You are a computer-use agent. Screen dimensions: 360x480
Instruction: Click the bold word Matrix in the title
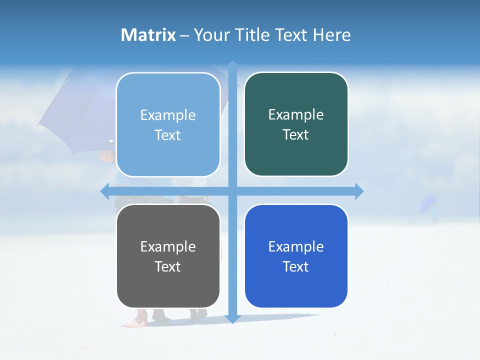[148, 35]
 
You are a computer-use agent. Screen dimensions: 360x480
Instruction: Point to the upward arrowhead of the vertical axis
[232, 64]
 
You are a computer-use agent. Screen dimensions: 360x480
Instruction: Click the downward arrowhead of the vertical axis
[232, 319]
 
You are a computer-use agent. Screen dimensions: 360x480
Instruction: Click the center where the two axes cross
[232, 191]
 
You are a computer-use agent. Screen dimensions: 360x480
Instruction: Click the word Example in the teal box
[296, 114]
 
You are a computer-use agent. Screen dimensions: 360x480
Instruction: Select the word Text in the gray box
[167, 266]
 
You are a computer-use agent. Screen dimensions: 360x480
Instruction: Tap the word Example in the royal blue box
[296, 246]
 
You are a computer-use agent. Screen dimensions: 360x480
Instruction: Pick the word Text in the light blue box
[167, 135]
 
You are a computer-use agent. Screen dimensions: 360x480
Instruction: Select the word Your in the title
[210, 35]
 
